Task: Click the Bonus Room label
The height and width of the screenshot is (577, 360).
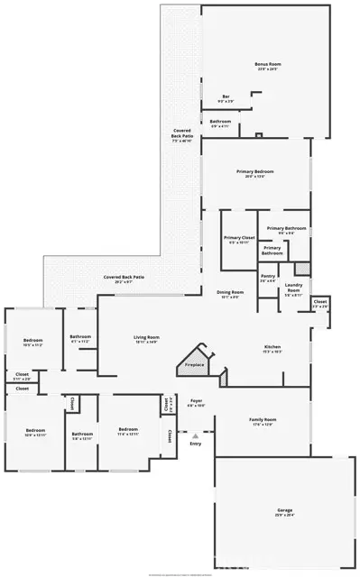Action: [268, 64]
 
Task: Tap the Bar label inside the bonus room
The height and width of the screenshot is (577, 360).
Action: [226, 97]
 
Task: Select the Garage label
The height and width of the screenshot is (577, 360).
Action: [284, 510]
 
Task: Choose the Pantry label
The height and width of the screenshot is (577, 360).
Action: [268, 276]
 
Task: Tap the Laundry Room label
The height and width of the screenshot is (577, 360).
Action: [294, 288]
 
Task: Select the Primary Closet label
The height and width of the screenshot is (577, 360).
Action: [240, 237]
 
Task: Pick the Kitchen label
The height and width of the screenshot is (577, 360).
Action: [272, 346]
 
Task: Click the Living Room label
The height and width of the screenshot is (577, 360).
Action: [146, 336]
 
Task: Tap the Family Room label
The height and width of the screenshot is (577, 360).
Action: [263, 419]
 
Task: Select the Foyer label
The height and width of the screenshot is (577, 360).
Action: [196, 401]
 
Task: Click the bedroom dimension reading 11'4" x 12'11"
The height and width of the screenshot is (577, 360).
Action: [127, 435]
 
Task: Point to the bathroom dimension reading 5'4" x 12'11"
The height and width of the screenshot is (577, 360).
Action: [83, 439]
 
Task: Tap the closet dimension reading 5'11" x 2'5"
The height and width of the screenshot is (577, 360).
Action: [22, 380]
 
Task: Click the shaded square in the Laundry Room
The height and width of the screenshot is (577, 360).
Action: [301, 269]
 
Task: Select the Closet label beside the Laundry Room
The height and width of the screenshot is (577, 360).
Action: [320, 301]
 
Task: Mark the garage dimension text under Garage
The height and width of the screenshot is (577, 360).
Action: [284, 516]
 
